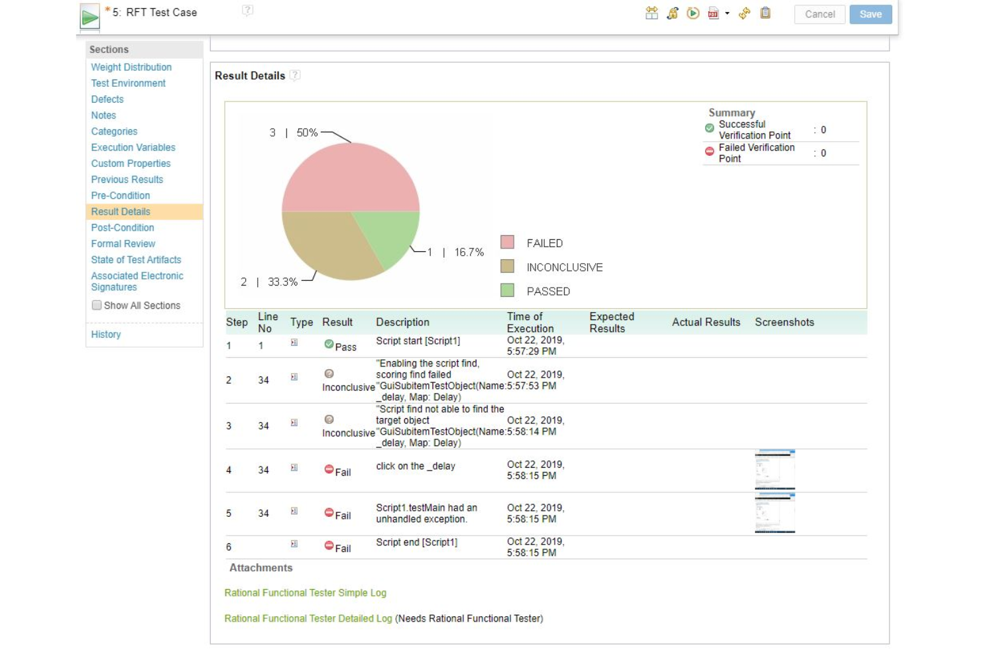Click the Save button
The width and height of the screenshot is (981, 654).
(x=870, y=14)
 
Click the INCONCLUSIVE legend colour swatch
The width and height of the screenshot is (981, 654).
(x=508, y=266)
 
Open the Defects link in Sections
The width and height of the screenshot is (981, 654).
(x=107, y=99)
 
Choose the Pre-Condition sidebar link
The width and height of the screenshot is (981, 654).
(x=121, y=195)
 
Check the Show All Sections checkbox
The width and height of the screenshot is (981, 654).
(x=97, y=305)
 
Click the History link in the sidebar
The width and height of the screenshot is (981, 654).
(x=106, y=335)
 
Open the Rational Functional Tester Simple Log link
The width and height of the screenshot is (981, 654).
(x=305, y=593)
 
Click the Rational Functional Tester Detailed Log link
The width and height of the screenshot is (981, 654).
(x=308, y=618)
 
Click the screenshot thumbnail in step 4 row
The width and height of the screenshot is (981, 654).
(x=775, y=470)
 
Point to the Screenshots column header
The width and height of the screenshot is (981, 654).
(x=784, y=322)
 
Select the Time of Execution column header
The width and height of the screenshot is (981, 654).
(x=530, y=322)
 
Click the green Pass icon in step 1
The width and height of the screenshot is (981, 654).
(x=329, y=344)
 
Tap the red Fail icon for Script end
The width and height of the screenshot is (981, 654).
(x=329, y=545)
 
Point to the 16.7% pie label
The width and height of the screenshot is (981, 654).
(x=469, y=252)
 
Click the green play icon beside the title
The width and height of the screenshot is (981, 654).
(x=89, y=17)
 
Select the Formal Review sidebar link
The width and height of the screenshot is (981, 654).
(x=123, y=244)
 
